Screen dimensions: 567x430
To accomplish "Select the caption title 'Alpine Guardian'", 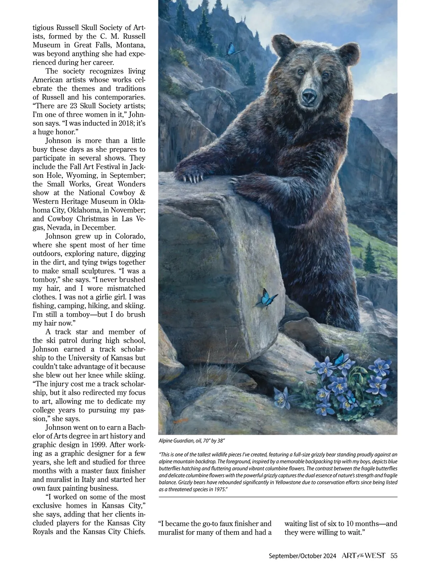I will pyautogui.click(x=173, y=441).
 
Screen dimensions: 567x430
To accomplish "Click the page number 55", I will pyautogui.click(x=394, y=556).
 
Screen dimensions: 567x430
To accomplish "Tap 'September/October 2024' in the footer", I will pyautogui.click(x=302, y=556).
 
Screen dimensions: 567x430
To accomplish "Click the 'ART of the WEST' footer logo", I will pyautogui.click(x=363, y=556).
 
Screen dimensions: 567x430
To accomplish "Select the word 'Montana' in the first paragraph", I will pyautogui.click(x=130, y=45).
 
